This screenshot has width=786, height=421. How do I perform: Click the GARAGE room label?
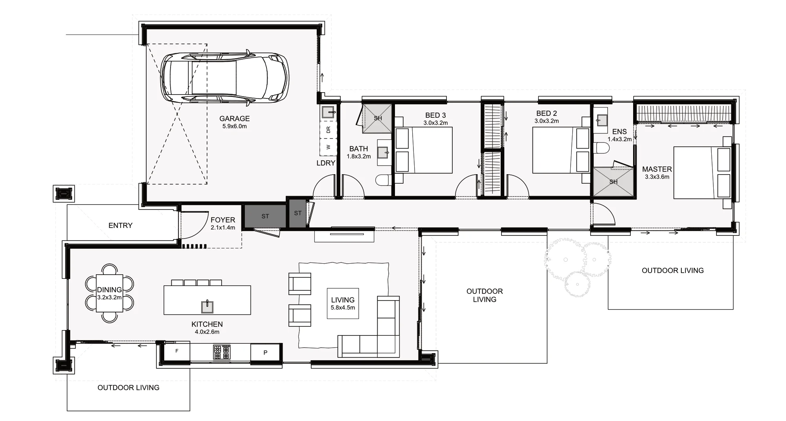234,118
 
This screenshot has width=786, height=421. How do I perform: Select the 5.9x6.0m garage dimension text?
234,126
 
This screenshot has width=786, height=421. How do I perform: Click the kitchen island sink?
207,306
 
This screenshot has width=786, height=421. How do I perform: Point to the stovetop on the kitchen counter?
222,352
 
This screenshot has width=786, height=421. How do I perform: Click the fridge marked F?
177,351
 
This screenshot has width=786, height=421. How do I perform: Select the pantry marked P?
265,352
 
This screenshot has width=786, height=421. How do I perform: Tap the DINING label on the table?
109,290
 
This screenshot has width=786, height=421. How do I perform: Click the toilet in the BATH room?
382,180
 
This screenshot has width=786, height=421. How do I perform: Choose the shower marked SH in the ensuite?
613,182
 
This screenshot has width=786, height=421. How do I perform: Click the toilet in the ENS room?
602,148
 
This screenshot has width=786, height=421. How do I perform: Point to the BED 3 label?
435,115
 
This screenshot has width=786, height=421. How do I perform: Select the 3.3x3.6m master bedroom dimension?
657,177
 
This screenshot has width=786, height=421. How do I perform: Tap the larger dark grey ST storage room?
265,216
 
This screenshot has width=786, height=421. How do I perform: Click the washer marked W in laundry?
329,148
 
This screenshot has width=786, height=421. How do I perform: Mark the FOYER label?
223,220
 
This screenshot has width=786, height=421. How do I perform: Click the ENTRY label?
120,226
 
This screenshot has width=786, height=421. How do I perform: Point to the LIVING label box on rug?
343,303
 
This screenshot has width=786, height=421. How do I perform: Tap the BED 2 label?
546,114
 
